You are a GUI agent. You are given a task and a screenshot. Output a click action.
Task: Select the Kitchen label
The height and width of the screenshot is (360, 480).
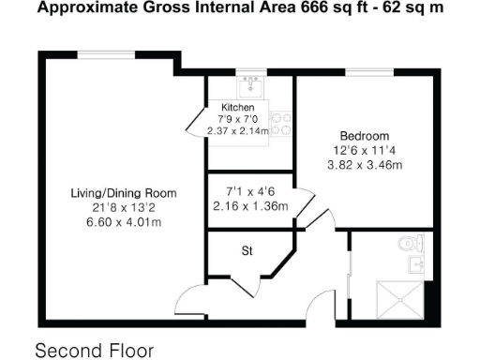pos(237,108)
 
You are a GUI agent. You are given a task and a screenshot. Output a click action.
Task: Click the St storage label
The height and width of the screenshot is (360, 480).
pos(248,250)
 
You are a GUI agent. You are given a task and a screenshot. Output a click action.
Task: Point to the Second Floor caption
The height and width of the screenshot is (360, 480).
pos(94,351)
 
